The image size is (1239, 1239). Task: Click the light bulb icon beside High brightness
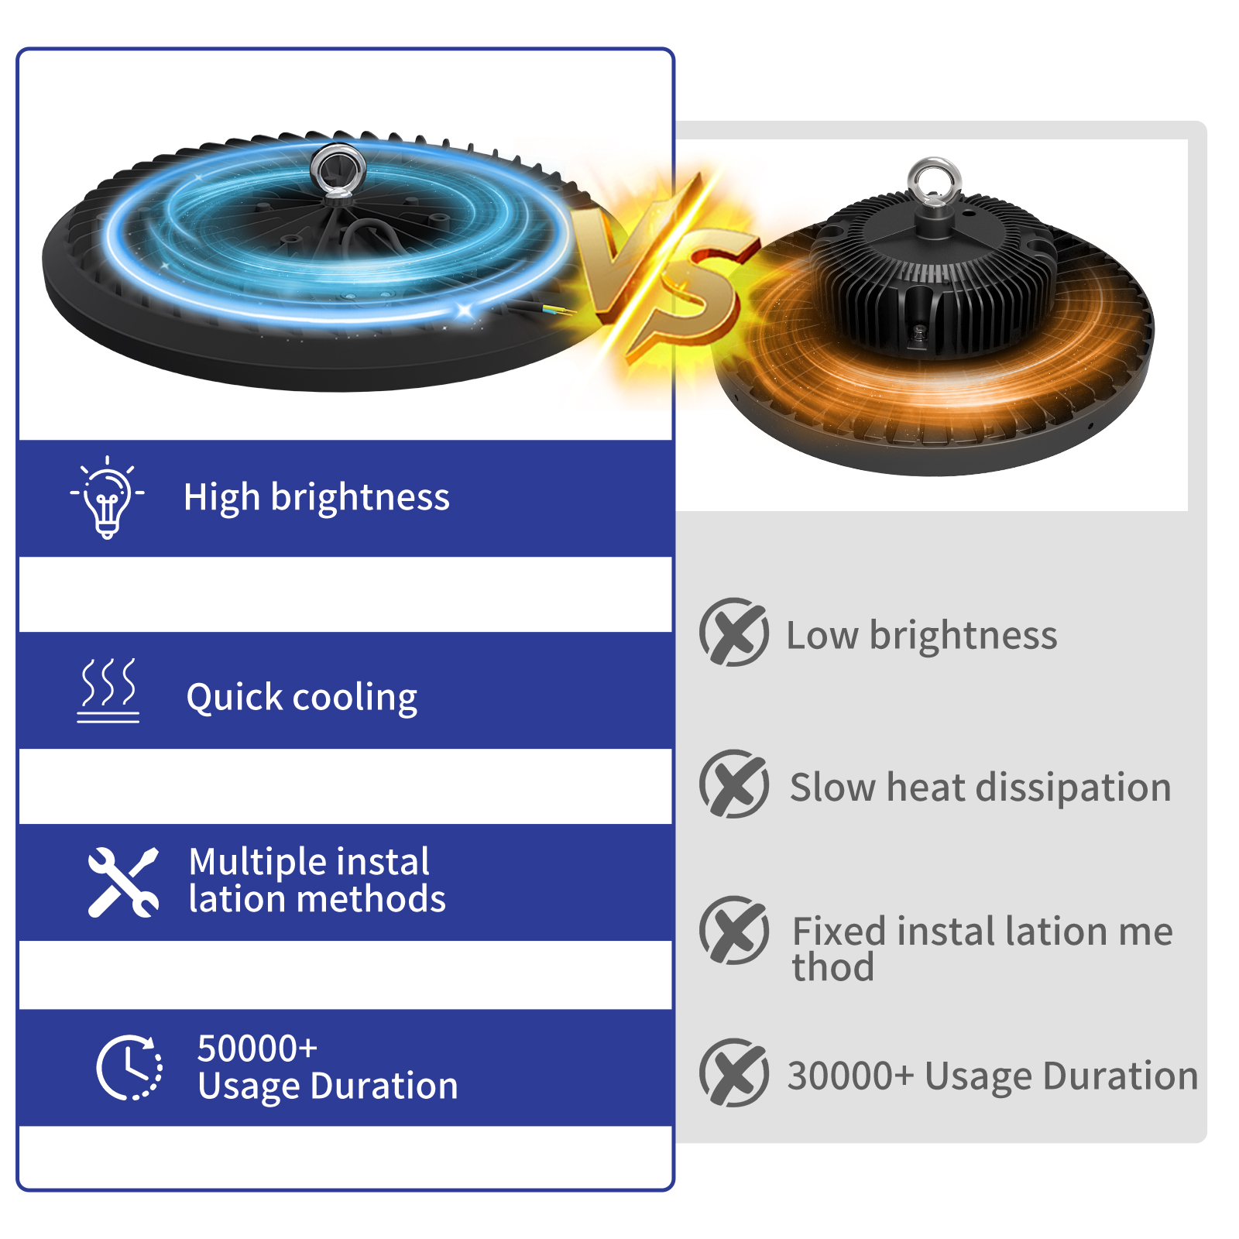pyautogui.click(x=107, y=497)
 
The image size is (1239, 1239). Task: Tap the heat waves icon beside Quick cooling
pyautogui.click(x=108, y=690)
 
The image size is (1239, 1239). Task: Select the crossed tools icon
pyautogui.click(x=123, y=882)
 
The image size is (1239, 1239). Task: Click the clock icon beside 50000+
pyautogui.click(x=129, y=1067)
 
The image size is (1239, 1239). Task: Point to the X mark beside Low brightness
pyautogui.click(x=733, y=632)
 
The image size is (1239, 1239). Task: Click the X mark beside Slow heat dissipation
pyautogui.click(x=733, y=784)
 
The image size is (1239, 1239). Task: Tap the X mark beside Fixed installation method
pyautogui.click(x=733, y=930)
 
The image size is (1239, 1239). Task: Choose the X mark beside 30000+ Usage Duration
pyautogui.click(x=733, y=1073)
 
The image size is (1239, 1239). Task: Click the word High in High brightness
pyautogui.click(x=221, y=497)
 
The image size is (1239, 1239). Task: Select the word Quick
pyautogui.click(x=235, y=698)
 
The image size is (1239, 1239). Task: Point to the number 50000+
pyautogui.click(x=257, y=1049)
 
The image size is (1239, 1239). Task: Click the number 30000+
pyautogui.click(x=850, y=1076)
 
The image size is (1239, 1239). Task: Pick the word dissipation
pyautogui.click(x=1073, y=788)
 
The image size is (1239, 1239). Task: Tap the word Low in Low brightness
pyautogui.click(x=822, y=636)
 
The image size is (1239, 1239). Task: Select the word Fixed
pyautogui.click(x=839, y=931)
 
